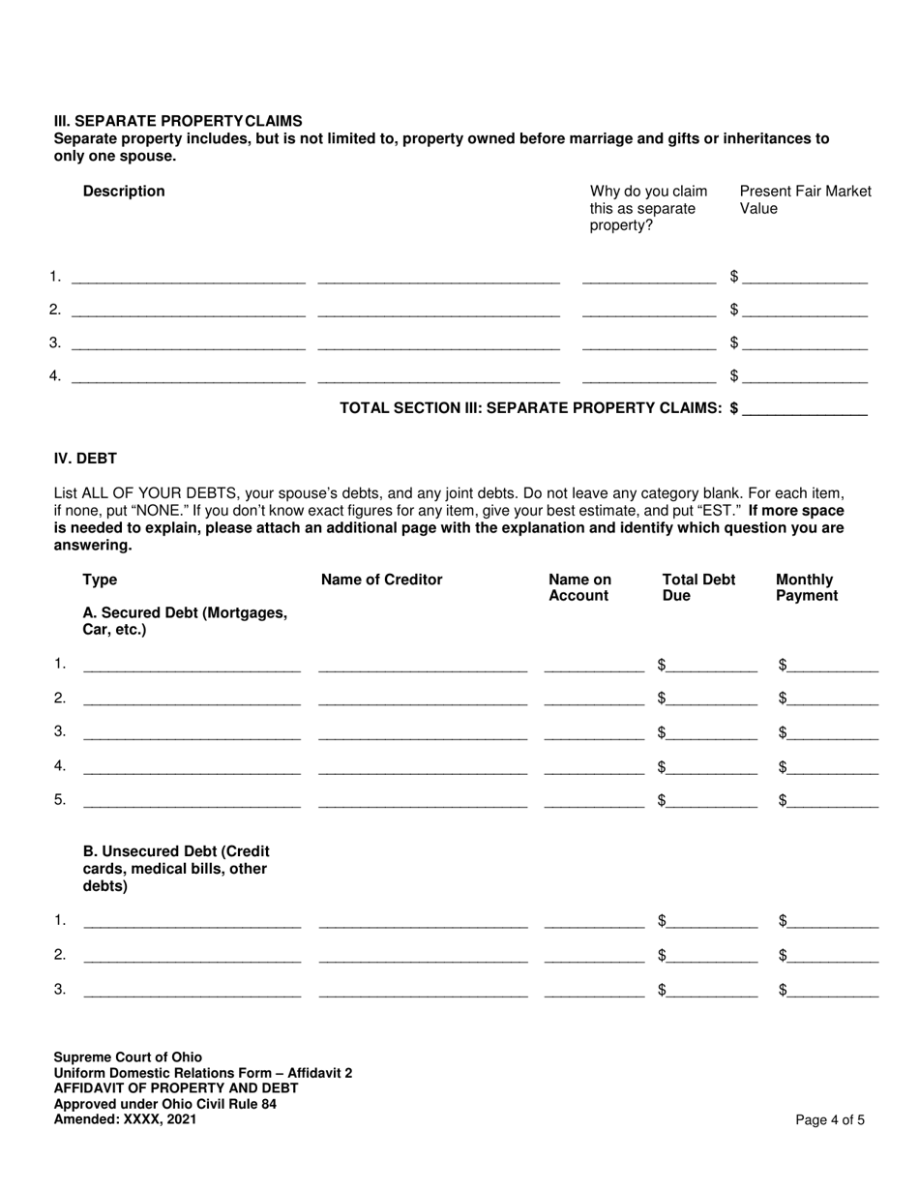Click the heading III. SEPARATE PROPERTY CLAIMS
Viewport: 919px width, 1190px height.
[x=178, y=121]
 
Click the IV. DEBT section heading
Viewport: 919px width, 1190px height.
[x=85, y=458]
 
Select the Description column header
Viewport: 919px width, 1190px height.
[x=124, y=192]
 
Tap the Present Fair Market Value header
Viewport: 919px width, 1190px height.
[x=805, y=200]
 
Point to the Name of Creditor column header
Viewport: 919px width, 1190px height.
[x=381, y=580]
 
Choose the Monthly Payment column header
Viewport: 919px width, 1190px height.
[x=806, y=588]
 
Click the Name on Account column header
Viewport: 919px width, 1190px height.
[x=579, y=588]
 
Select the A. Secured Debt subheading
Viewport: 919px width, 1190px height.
[x=185, y=621]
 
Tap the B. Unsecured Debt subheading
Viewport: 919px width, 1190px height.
[x=176, y=868]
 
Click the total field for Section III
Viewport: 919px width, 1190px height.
[x=805, y=408]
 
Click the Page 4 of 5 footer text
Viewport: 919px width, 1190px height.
[x=830, y=1120]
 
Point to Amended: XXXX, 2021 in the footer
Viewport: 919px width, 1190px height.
[x=125, y=1119]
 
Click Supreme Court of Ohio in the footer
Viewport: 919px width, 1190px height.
[x=128, y=1057]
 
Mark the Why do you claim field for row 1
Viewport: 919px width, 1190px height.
[x=649, y=279]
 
